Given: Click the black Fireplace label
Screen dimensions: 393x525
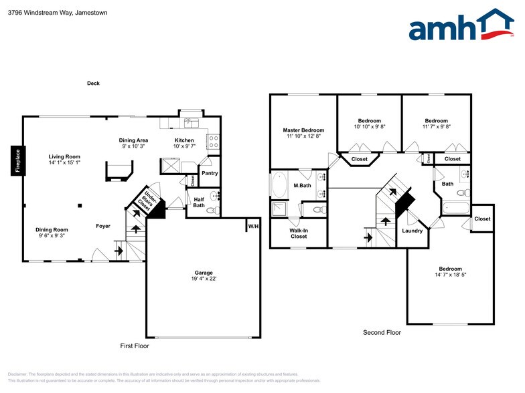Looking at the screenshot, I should pyautogui.click(x=18, y=160).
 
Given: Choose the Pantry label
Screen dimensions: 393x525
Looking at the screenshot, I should pyautogui.click(x=210, y=173).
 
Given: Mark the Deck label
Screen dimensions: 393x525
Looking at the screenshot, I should pyautogui.click(x=93, y=84).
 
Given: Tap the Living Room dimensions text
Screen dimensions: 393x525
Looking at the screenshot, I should pyautogui.click(x=64, y=162).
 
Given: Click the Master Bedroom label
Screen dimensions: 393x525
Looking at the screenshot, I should pyautogui.click(x=303, y=130).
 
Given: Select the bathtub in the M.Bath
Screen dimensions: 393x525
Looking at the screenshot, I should pyautogui.click(x=279, y=185).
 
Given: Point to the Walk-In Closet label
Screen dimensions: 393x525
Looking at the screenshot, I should pyautogui.click(x=298, y=233).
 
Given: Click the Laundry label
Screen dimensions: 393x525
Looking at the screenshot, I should pyautogui.click(x=412, y=231).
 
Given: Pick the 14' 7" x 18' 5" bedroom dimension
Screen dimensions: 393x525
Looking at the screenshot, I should pyautogui.click(x=451, y=275).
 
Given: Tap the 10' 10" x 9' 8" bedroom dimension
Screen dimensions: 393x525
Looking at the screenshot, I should pyautogui.click(x=370, y=126).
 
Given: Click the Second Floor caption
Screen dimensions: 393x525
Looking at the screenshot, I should pyautogui.click(x=382, y=332).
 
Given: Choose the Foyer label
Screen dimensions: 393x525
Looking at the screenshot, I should pyautogui.click(x=102, y=226).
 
